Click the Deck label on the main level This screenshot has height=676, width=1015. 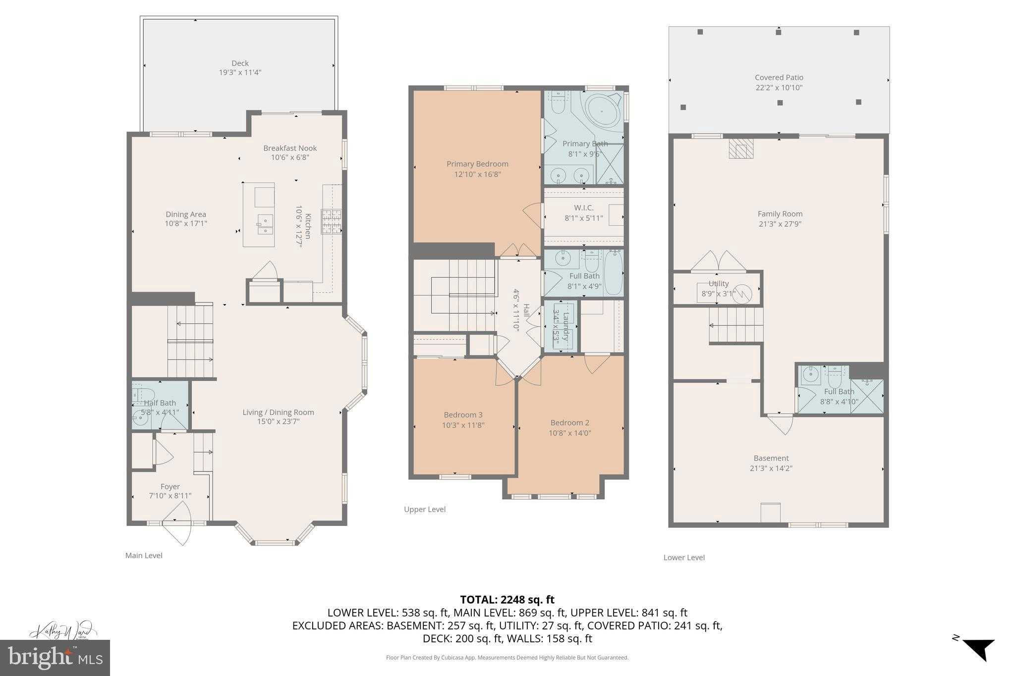click(240, 63)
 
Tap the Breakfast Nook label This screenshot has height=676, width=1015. click(290, 148)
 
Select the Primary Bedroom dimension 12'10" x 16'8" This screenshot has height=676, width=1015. click(477, 174)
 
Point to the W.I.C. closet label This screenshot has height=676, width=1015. click(583, 208)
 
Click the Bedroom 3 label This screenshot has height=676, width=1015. click(463, 415)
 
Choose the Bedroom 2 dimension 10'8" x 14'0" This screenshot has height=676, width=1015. click(569, 433)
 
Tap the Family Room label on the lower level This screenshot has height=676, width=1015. click(780, 214)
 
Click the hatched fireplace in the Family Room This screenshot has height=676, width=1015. click(741, 149)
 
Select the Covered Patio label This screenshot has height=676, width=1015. click(779, 78)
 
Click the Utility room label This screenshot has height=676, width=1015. click(718, 284)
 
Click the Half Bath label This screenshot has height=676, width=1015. click(160, 403)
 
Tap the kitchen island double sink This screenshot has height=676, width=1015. click(265, 224)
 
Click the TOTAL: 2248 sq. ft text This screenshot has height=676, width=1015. click(507, 600)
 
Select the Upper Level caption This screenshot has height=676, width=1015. click(425, 509)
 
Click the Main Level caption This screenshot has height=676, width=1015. click(144, 556)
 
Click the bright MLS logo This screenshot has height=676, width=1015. click(55, 658)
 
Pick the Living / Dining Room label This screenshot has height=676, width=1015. click(278, 412)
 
